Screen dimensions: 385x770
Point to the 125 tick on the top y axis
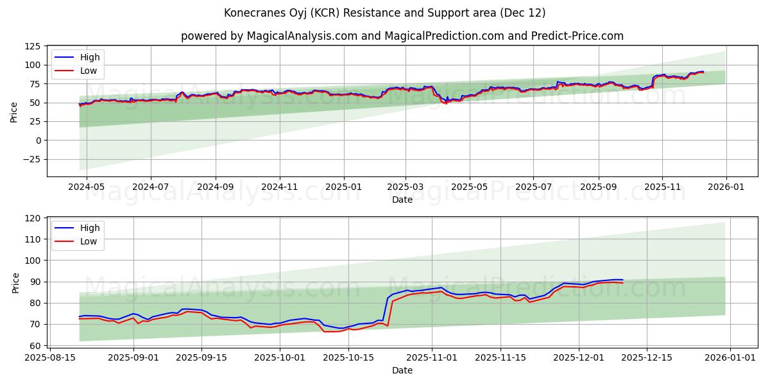[x=33, y=46]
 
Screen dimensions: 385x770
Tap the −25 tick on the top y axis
[x=30, y=159]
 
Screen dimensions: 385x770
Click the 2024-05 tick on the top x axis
[x=87, y=187]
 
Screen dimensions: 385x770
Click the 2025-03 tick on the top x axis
[x=405, y=187]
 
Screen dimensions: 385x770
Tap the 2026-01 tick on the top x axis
[x=726, y=187]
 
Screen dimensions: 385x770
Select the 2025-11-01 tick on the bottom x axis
[x=431, y=357]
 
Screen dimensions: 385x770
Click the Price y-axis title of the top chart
[x=14, y=112]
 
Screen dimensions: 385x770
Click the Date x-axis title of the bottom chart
[x=402, y=370]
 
